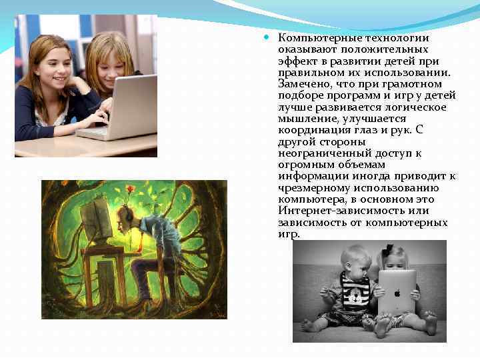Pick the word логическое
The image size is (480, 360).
[417, 107]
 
